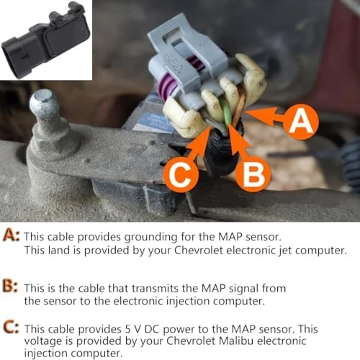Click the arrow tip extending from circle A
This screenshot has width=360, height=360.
click(249, 112)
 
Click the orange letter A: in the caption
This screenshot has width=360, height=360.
click(12, 235)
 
